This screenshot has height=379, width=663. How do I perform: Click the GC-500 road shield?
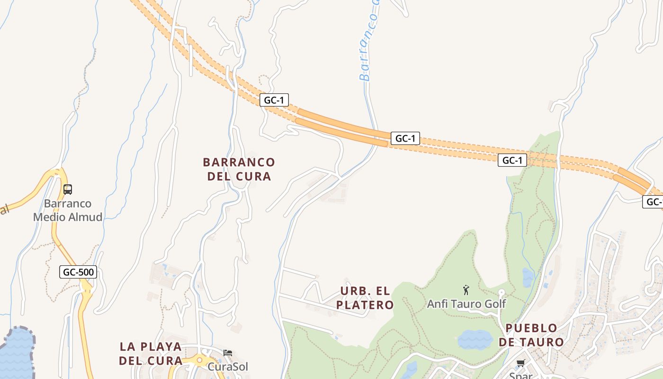[x=78, y=272]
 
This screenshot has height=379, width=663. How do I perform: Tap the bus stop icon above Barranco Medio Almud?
[x=68, y=189]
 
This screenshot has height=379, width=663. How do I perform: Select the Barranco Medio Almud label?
[x=68, y=210]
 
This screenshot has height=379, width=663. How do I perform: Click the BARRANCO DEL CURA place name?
[x=239, y=169]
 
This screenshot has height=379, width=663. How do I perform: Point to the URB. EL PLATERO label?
[x=365, y=298]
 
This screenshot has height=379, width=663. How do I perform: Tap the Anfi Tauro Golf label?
[x=466, y=304]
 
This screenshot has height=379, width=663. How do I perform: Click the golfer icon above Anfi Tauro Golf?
[x=466, y=290]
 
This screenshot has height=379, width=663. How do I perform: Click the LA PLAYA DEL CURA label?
[x=151, y=353]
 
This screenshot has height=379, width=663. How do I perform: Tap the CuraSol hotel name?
[x=228, y=367]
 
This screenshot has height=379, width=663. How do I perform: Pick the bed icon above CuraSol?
[x=228, y=353]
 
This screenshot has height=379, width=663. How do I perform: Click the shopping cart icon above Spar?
[x=521, y=363]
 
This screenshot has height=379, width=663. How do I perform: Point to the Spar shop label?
[x=521, y=375]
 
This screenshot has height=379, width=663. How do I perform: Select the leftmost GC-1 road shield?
[x=274, y=100]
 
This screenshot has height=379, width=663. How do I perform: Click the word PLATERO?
[x=365, y=305]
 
